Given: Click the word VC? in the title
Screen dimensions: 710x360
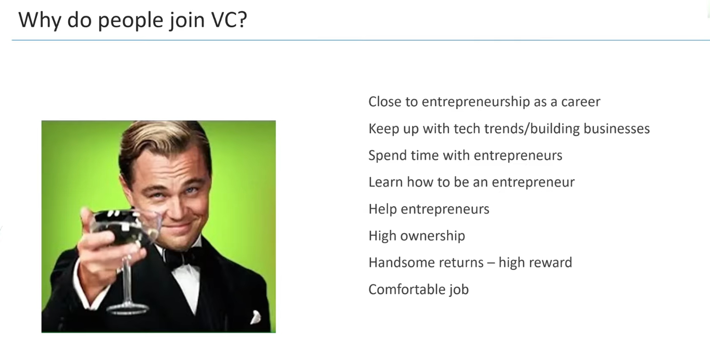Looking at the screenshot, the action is pos(229,20).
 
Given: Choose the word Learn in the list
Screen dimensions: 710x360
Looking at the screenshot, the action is pos(385,182).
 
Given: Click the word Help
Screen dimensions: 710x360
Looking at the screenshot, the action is pos(383,209).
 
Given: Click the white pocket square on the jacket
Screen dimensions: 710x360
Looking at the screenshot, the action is pos(255,317).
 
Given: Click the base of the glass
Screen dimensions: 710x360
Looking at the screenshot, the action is pos(127,308).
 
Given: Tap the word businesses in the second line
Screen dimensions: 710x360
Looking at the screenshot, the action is pos(616,128).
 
